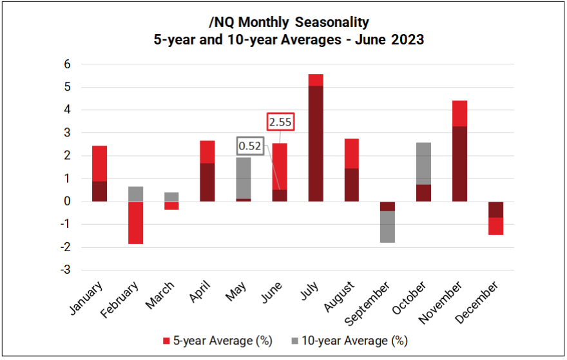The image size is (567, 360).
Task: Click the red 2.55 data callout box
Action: tap(280, 122)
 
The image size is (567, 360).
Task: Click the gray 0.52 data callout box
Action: tap(250, 146)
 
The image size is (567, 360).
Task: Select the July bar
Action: tap(316, 142)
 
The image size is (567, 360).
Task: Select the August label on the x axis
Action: tap(338, 296)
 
